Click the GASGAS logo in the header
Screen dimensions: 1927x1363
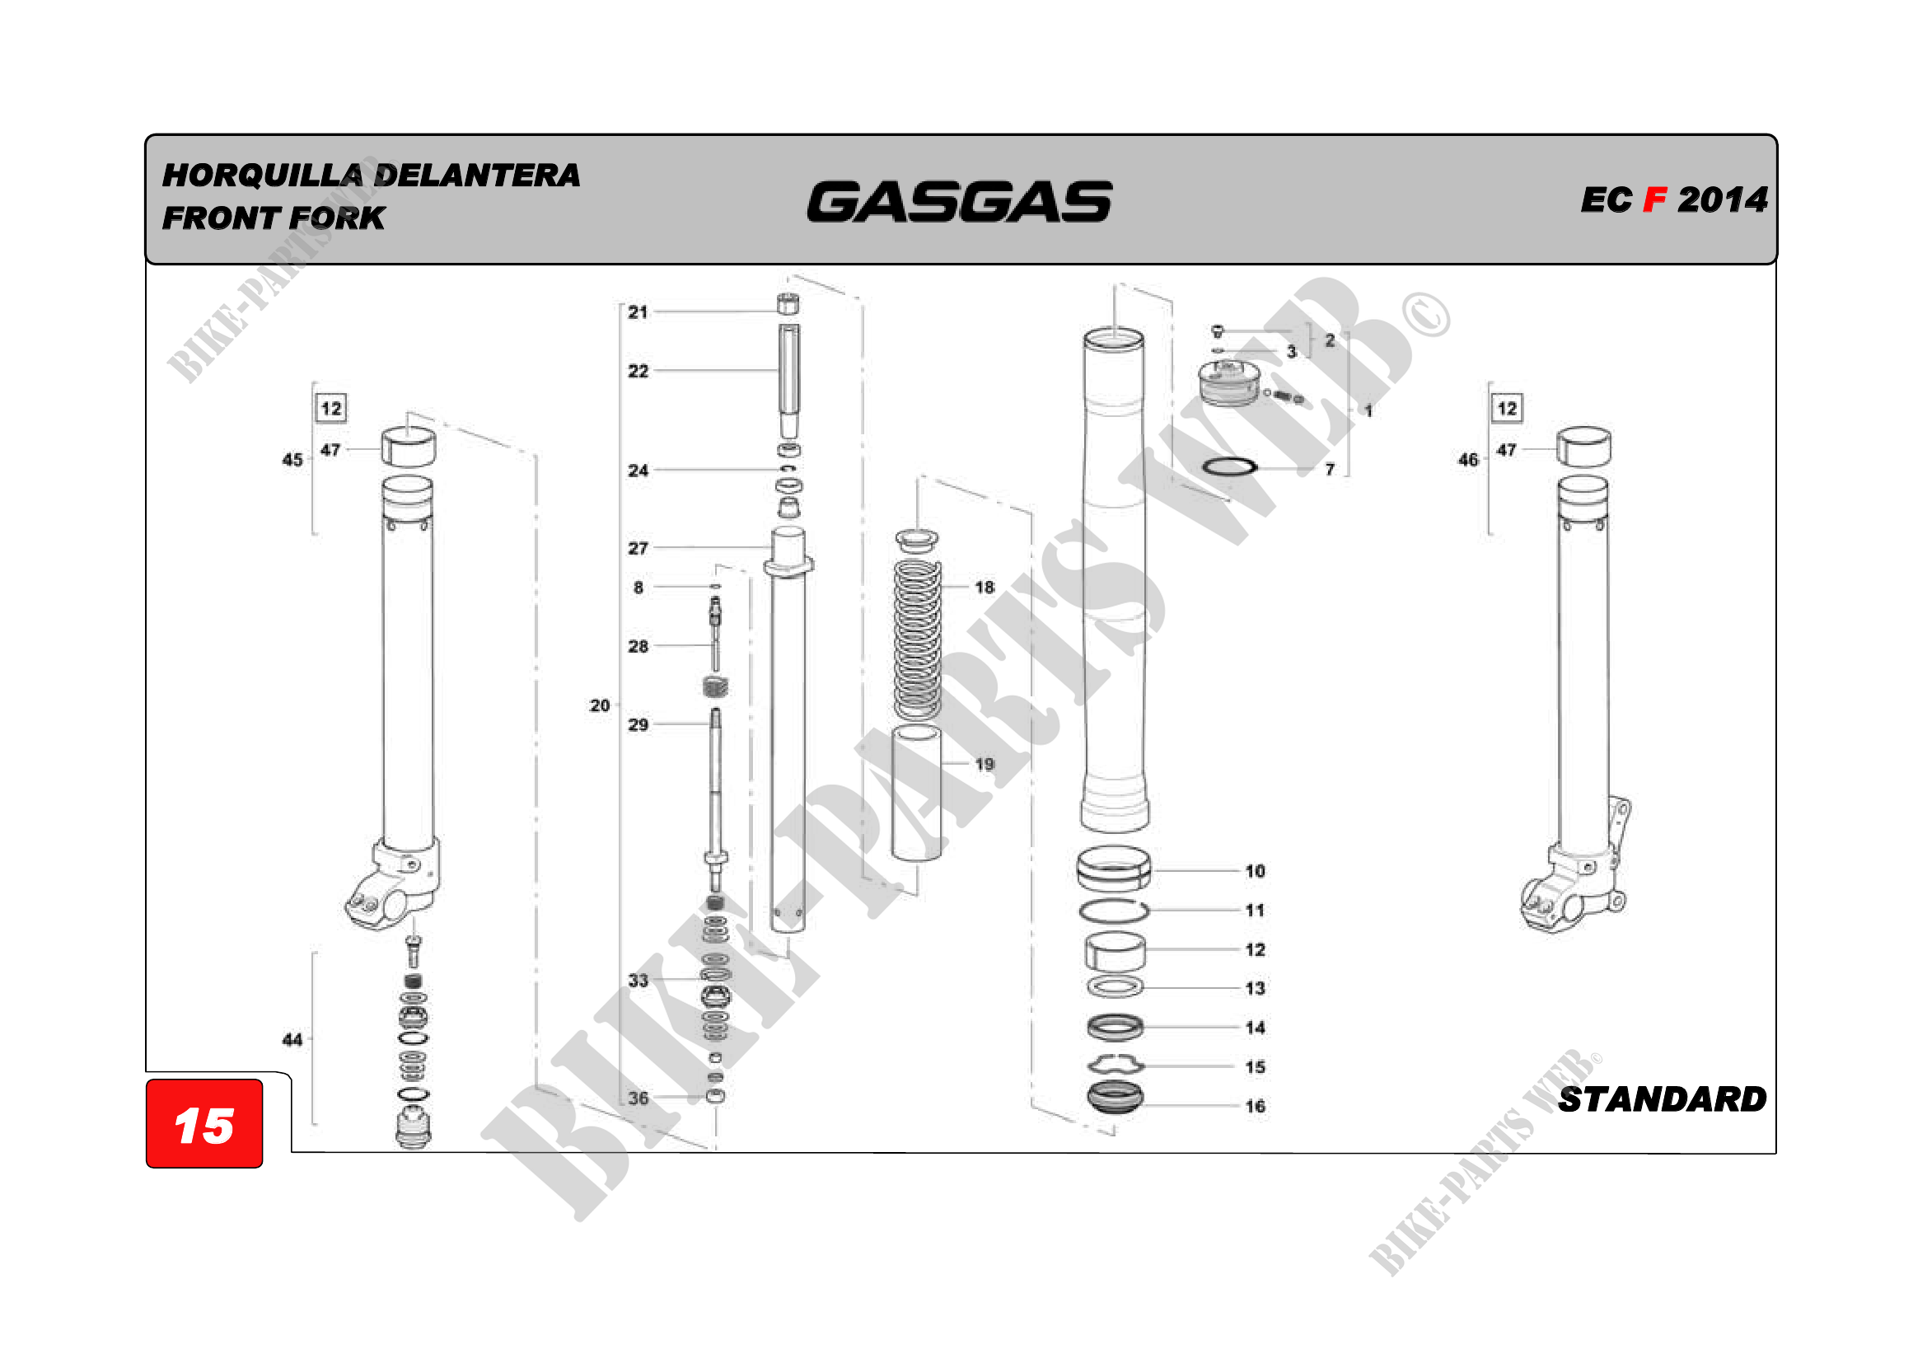tap(959, 201)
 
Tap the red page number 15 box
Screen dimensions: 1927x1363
tap(204, 1123)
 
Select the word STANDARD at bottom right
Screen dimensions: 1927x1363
tap(1662, 1099)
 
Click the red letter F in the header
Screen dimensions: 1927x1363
tap(1654, 199)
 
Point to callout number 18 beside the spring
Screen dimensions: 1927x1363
tap(985, 588)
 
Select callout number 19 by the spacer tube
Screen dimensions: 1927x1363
tap(985, 765)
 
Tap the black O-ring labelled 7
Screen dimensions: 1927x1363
tap(1229, 466)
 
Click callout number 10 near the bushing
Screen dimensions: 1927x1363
tap(1255, 871)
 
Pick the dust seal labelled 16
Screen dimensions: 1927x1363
tap(1115, 1098)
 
